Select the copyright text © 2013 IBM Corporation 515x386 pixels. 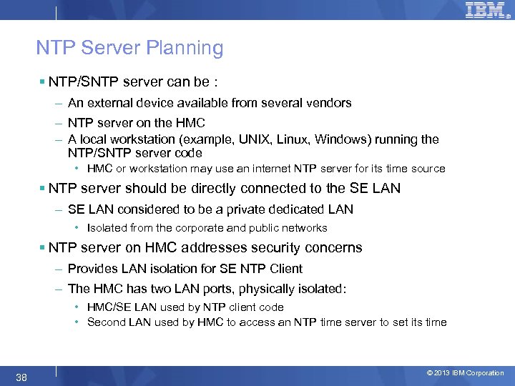tap(465, 373)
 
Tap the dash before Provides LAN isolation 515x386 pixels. tap(58, 269)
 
